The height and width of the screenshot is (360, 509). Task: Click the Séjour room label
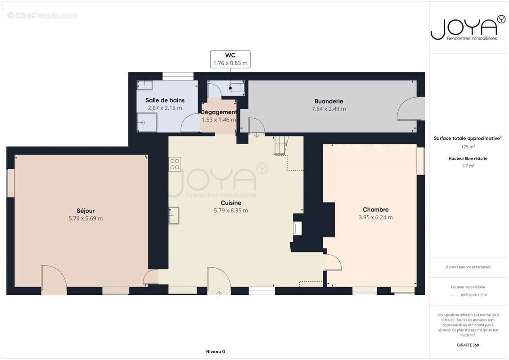point(86,211)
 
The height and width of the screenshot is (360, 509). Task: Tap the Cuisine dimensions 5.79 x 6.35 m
point(231,211)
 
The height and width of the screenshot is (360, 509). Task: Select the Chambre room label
point(376,210)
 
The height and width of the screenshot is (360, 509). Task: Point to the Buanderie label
point(329,101)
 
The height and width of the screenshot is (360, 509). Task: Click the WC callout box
point(230,59)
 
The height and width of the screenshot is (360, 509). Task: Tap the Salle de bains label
point(165,100)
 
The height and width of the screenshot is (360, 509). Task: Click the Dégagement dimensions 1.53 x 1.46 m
point(219,120)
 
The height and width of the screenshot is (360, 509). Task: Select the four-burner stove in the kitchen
point(175,164)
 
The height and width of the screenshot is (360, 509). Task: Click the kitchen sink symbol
point(174,216)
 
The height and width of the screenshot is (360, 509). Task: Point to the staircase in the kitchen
point(281,145)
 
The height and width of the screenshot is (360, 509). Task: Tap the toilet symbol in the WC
point(236,88)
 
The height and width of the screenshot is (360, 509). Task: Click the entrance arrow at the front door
point(219,293)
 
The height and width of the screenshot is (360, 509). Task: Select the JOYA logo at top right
point(468,28)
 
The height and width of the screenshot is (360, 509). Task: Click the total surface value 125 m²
point(468,147)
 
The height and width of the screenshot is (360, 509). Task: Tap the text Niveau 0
point(216,351)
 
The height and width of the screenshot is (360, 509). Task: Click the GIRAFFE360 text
point(468,345)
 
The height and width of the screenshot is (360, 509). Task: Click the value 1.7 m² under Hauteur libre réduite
point(468,166)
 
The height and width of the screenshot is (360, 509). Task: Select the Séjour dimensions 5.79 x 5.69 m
point(86,218)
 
